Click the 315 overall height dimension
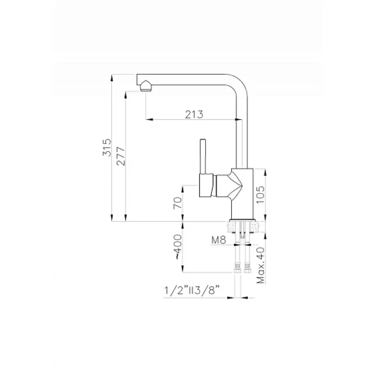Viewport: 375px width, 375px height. tap(107, 147)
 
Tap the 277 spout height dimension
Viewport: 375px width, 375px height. tap(121, 156)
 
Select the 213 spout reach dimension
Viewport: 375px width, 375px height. tap(194, 114)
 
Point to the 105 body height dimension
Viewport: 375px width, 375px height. tap(260, 194)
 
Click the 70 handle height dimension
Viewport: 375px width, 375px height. tap(178, 203)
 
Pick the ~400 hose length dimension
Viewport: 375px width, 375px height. tap(178, 247)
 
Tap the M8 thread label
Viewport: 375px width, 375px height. tap(219, 240)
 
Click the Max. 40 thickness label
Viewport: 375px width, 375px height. tap(261, 265)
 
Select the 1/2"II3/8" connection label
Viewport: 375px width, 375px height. tap(192, 291)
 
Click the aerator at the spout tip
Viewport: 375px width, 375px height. tap(146, 86)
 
